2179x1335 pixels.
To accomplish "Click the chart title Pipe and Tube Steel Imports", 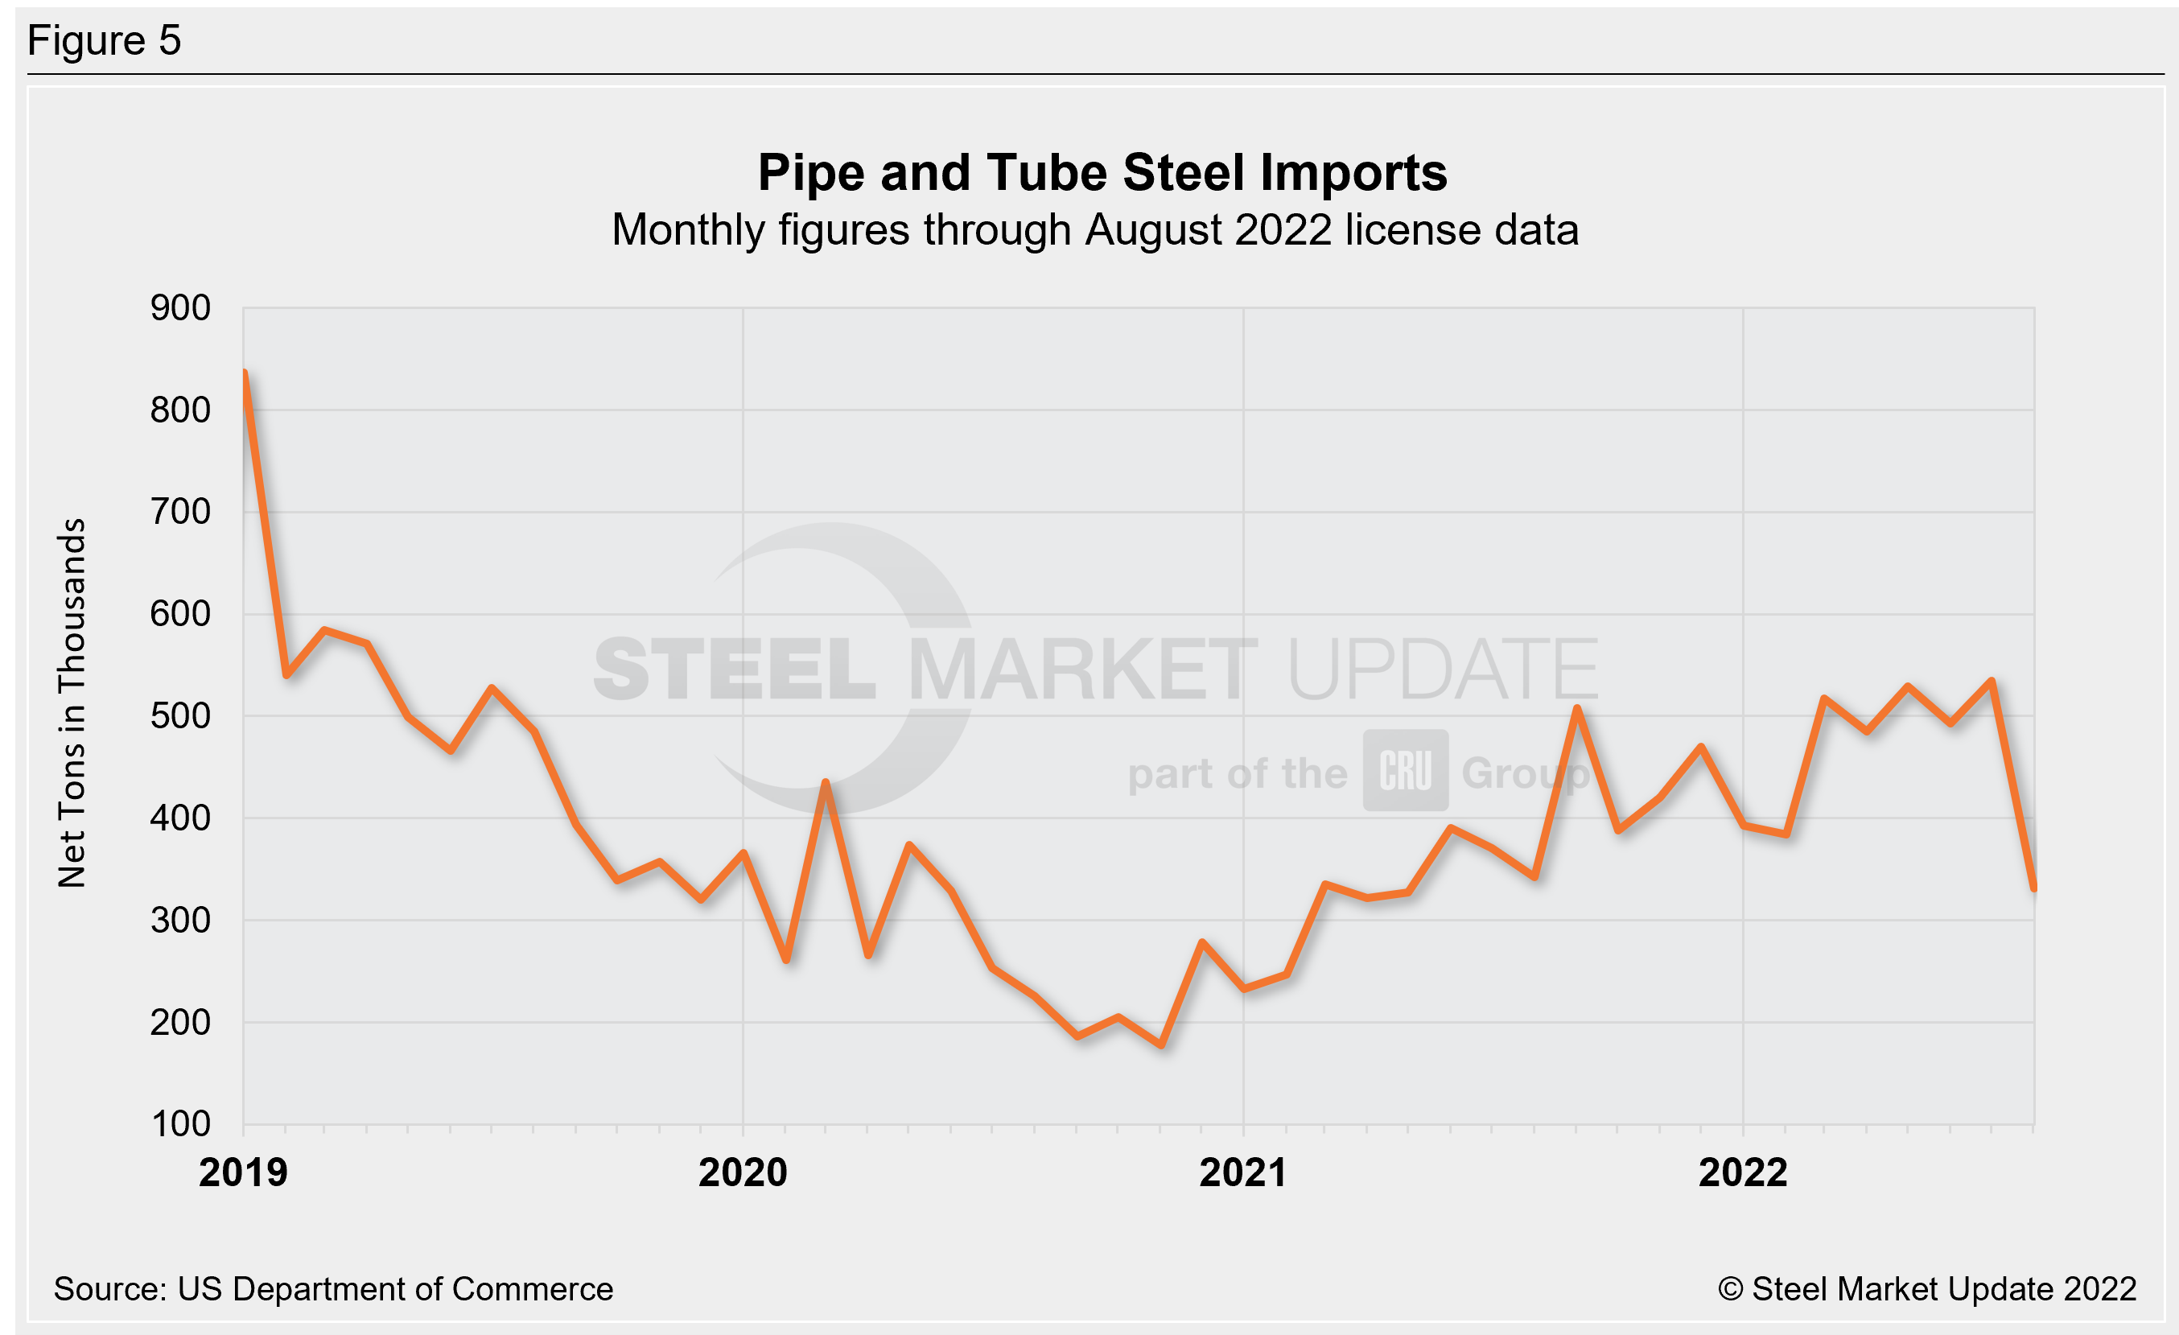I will pyautogui.click(x=1102, y=172).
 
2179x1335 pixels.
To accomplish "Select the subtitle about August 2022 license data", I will pyautogui.click(x=1095, y=231).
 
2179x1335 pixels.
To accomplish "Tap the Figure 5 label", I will pyautogui.click(x=105, y=41).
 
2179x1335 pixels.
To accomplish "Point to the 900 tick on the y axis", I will pyautogui.click(x=180, y=308).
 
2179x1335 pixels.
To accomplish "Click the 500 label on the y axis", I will pyautogui.click(x=180, y=716).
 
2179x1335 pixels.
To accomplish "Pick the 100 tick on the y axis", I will pyautogui.click(x=180, y=1125).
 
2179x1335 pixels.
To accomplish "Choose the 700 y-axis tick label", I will pyautogui.click(x=180, y=512).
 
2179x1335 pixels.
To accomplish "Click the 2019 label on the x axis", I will pyautogui.click(x=243, y=1173).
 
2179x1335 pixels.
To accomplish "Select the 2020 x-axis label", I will pyautogui.click(x=743, y=1173).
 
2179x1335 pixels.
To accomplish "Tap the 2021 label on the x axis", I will pyautogui.click(x=1242, y=1173).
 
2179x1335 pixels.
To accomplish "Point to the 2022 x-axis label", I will pyautogui.click(x=1743, y=1173).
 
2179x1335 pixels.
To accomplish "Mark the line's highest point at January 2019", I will pyautogui.click(x=244, y=373).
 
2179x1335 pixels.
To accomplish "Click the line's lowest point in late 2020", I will pyautogui.click(x=1161, y=1045).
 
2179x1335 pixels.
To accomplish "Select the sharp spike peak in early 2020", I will pyautogui.click(x=825, y=782).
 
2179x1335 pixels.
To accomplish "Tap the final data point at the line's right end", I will pyautogui.click(x=2034, y=887).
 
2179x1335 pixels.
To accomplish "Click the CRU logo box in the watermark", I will pyautogui.click(x=1405, y=770).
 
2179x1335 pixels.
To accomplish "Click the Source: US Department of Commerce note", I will pyautogui.click(x=333, y=1289).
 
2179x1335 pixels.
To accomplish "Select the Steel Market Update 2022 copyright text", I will pyautogui.click(x=1927, y=1289).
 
